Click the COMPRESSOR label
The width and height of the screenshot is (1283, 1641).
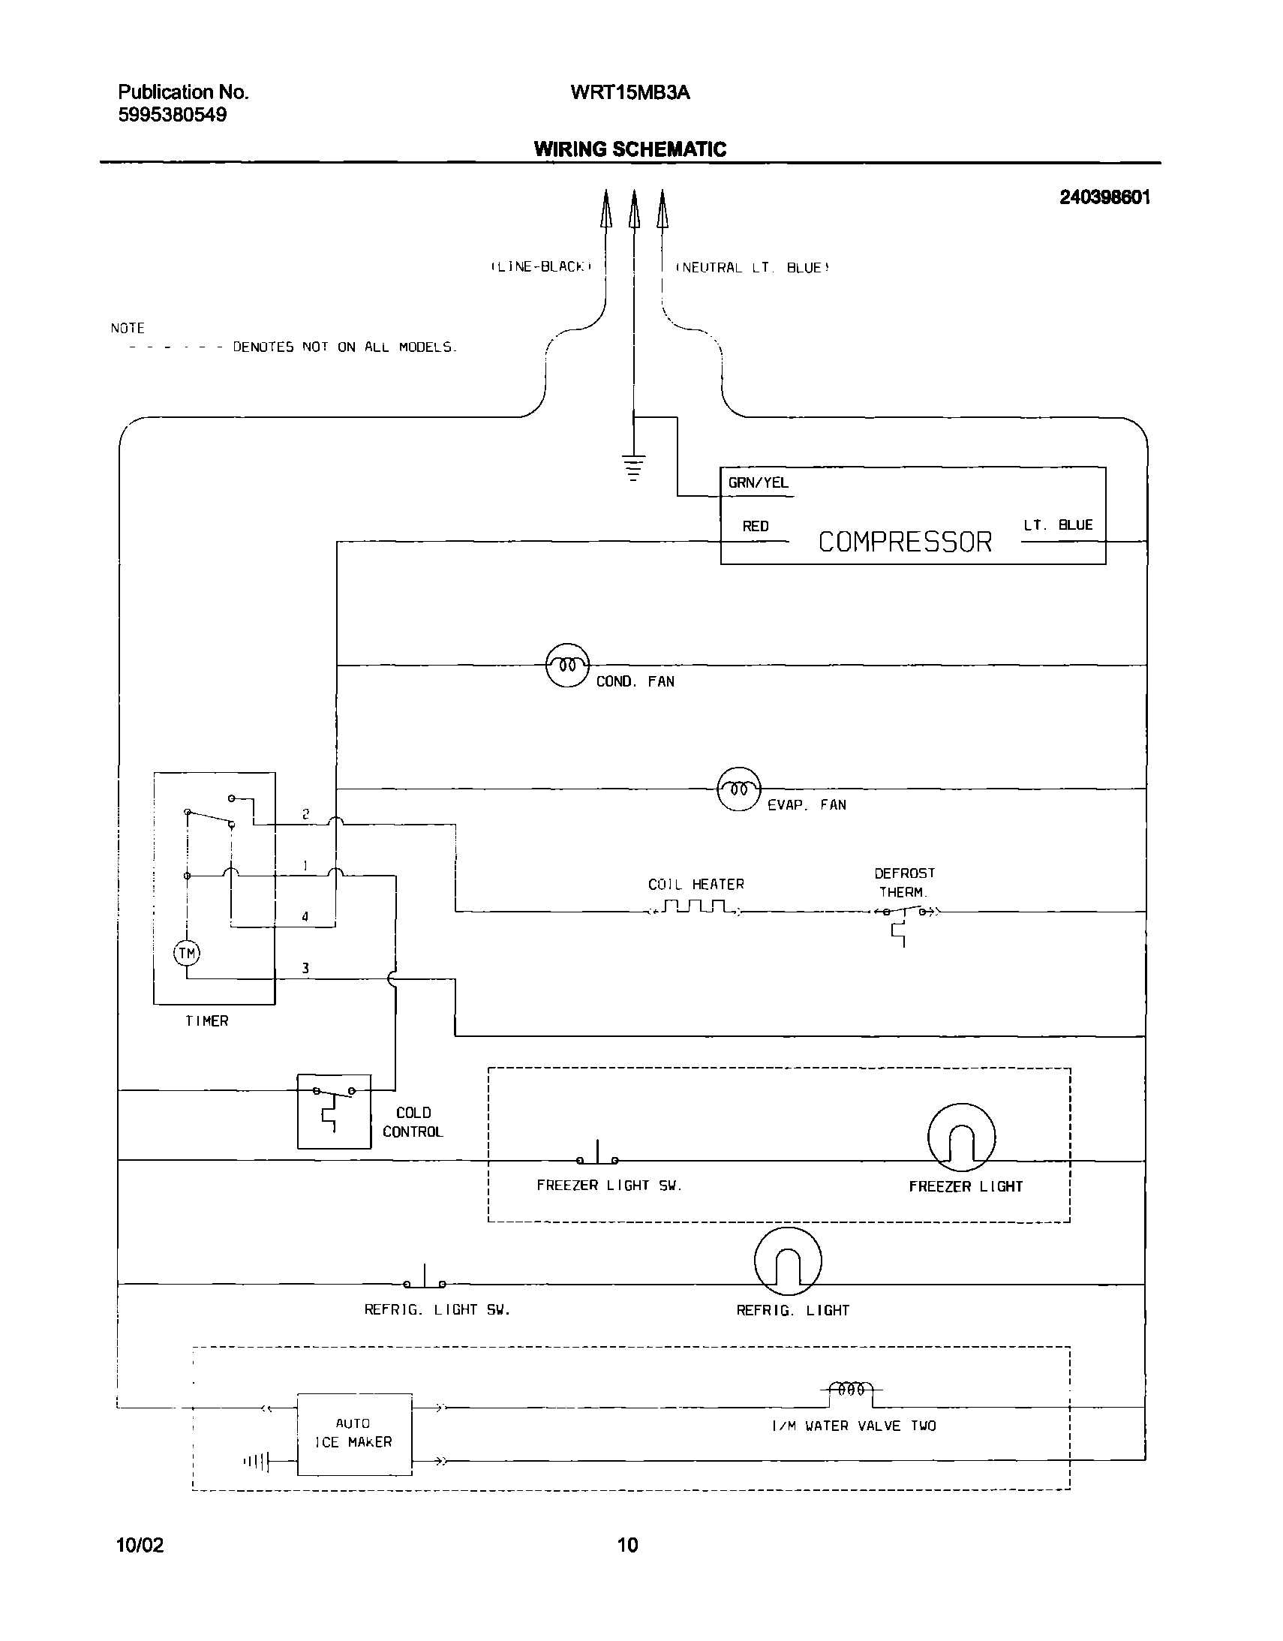point(904,542)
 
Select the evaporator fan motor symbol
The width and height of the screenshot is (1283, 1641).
point(739,789)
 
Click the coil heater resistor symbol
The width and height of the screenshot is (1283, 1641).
point(696,908)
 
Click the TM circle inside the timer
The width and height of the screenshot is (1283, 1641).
point(187,954)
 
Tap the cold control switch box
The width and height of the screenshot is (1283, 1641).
point(335,1111)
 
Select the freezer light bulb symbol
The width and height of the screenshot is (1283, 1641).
point(961,1137)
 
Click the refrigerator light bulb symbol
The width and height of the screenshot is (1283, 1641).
point(787,1261)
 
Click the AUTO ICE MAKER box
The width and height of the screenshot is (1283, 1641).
point(355,1434)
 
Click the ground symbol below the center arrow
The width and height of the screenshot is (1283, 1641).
point(634,467)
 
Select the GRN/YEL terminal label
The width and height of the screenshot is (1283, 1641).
point(758,483)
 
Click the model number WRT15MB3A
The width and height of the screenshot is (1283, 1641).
point(629,92)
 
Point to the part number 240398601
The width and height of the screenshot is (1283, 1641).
point(1104,197)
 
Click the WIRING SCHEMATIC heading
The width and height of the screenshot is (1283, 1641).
point(629,149)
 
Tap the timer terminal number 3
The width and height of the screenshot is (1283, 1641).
point(305,969)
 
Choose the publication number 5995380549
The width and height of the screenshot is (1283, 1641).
point(172,115)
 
